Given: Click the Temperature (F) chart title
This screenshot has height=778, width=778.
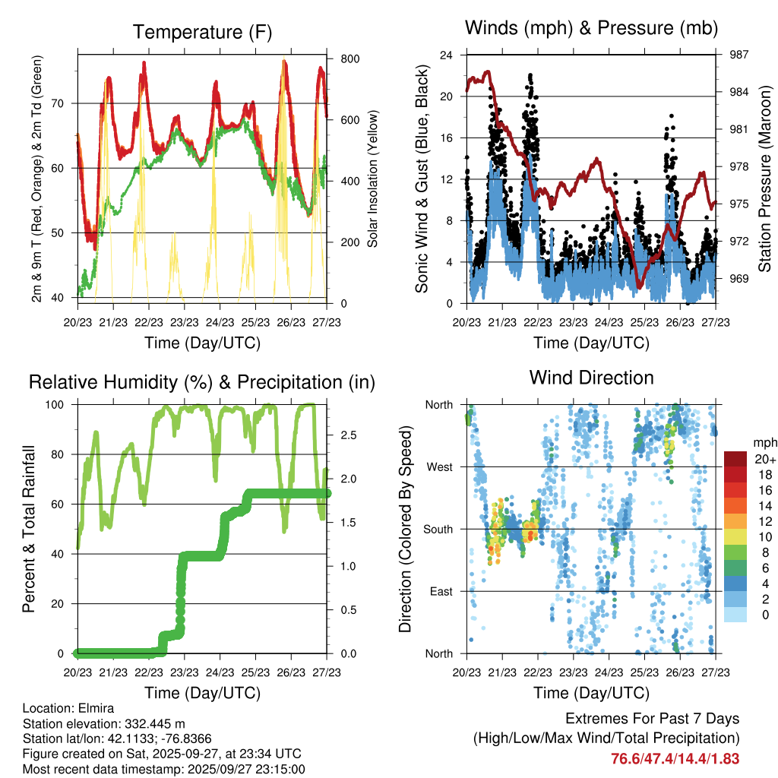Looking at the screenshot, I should [x=202, y=33].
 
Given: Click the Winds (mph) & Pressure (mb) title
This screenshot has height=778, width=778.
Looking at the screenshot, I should [x=591, y=28].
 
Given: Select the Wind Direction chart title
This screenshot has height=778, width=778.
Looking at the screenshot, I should [x=591, y=378].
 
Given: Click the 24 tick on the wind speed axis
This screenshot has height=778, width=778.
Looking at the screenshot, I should [x=447, y=55].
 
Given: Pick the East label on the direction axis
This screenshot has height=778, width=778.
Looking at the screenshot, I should [x=440, y=591].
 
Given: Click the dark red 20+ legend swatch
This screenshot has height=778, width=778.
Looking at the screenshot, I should [x=735, y=459].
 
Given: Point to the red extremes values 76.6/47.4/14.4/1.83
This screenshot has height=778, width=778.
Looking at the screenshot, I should [x=675, y=758].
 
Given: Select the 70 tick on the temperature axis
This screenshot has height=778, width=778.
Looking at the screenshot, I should [x=62, y=103].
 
